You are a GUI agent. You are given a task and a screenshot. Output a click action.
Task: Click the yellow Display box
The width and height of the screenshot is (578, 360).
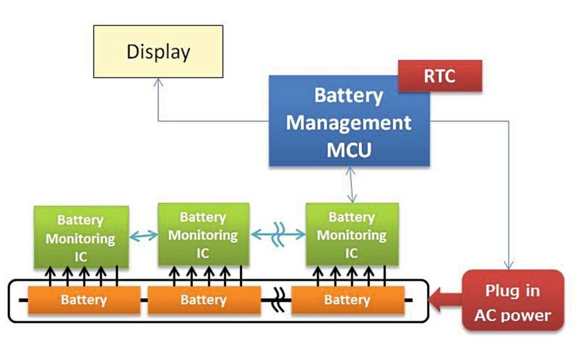158,52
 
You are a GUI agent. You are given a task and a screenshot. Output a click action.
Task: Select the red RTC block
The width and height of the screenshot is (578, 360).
440,76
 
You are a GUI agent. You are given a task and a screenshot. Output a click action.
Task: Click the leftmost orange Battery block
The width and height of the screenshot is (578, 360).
83,299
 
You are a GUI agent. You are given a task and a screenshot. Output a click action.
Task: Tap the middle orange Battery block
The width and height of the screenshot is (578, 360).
203,299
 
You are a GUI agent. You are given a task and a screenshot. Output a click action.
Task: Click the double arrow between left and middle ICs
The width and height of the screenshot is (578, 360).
143,235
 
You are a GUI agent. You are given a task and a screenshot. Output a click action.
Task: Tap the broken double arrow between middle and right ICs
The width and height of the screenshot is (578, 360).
277,235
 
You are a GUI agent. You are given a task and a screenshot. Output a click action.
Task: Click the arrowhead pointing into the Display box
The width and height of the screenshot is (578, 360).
158,84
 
